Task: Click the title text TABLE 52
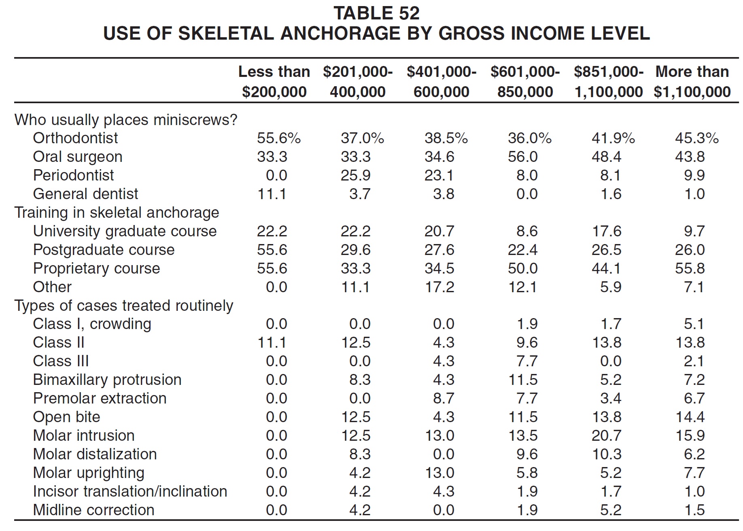coord(376,13)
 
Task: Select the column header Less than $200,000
coord(274,82)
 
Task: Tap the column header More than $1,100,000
coord(692,82)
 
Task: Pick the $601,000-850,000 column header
coord(525,82)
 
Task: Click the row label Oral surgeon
coord(78,157)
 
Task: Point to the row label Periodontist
coord(73,175)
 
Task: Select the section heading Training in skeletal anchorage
coord(117,212)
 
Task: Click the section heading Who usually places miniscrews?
coord(126,120)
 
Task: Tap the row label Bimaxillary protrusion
coord(107,380)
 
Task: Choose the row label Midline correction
coord(93,510)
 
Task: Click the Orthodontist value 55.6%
coord(279,138)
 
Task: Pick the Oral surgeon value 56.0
coord(523,157)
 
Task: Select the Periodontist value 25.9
coord(356,175)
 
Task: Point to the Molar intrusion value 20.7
coord(607,435)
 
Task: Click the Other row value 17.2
coord(439,287)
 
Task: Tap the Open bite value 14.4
coord(690,417)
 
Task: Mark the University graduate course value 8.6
coord(527,231)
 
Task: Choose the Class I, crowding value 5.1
coord(694,324)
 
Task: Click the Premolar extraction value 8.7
coord(444,398)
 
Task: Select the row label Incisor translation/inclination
coord(130,491)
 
